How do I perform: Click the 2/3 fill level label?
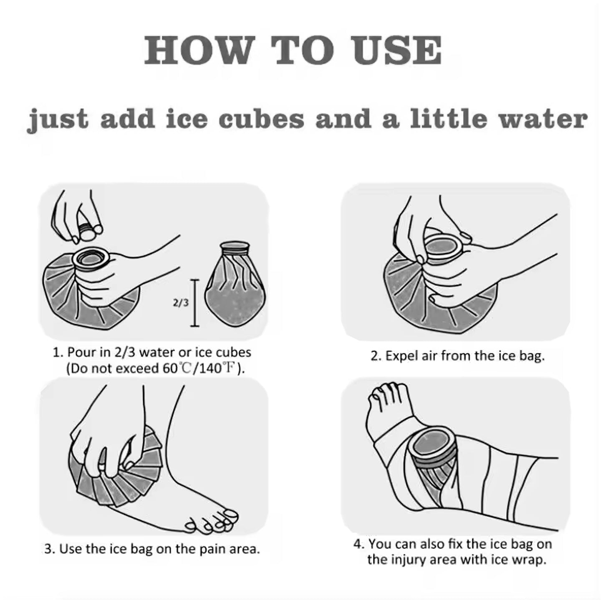click(180, 303)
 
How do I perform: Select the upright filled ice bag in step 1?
click(236, 284)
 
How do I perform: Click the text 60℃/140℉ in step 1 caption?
click(198, 369)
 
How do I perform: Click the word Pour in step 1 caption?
click(81, 352)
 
